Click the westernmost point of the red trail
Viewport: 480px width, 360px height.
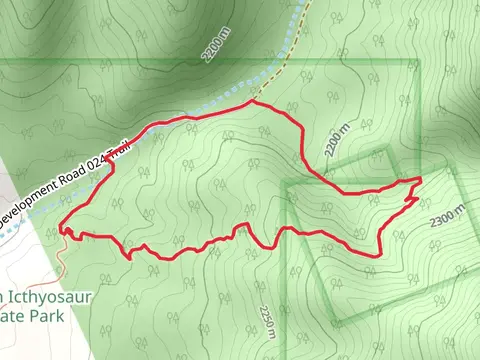[60, 227]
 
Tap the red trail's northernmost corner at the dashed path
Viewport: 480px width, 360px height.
[251, 102]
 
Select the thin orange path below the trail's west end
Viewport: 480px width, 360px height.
[62, 255]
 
